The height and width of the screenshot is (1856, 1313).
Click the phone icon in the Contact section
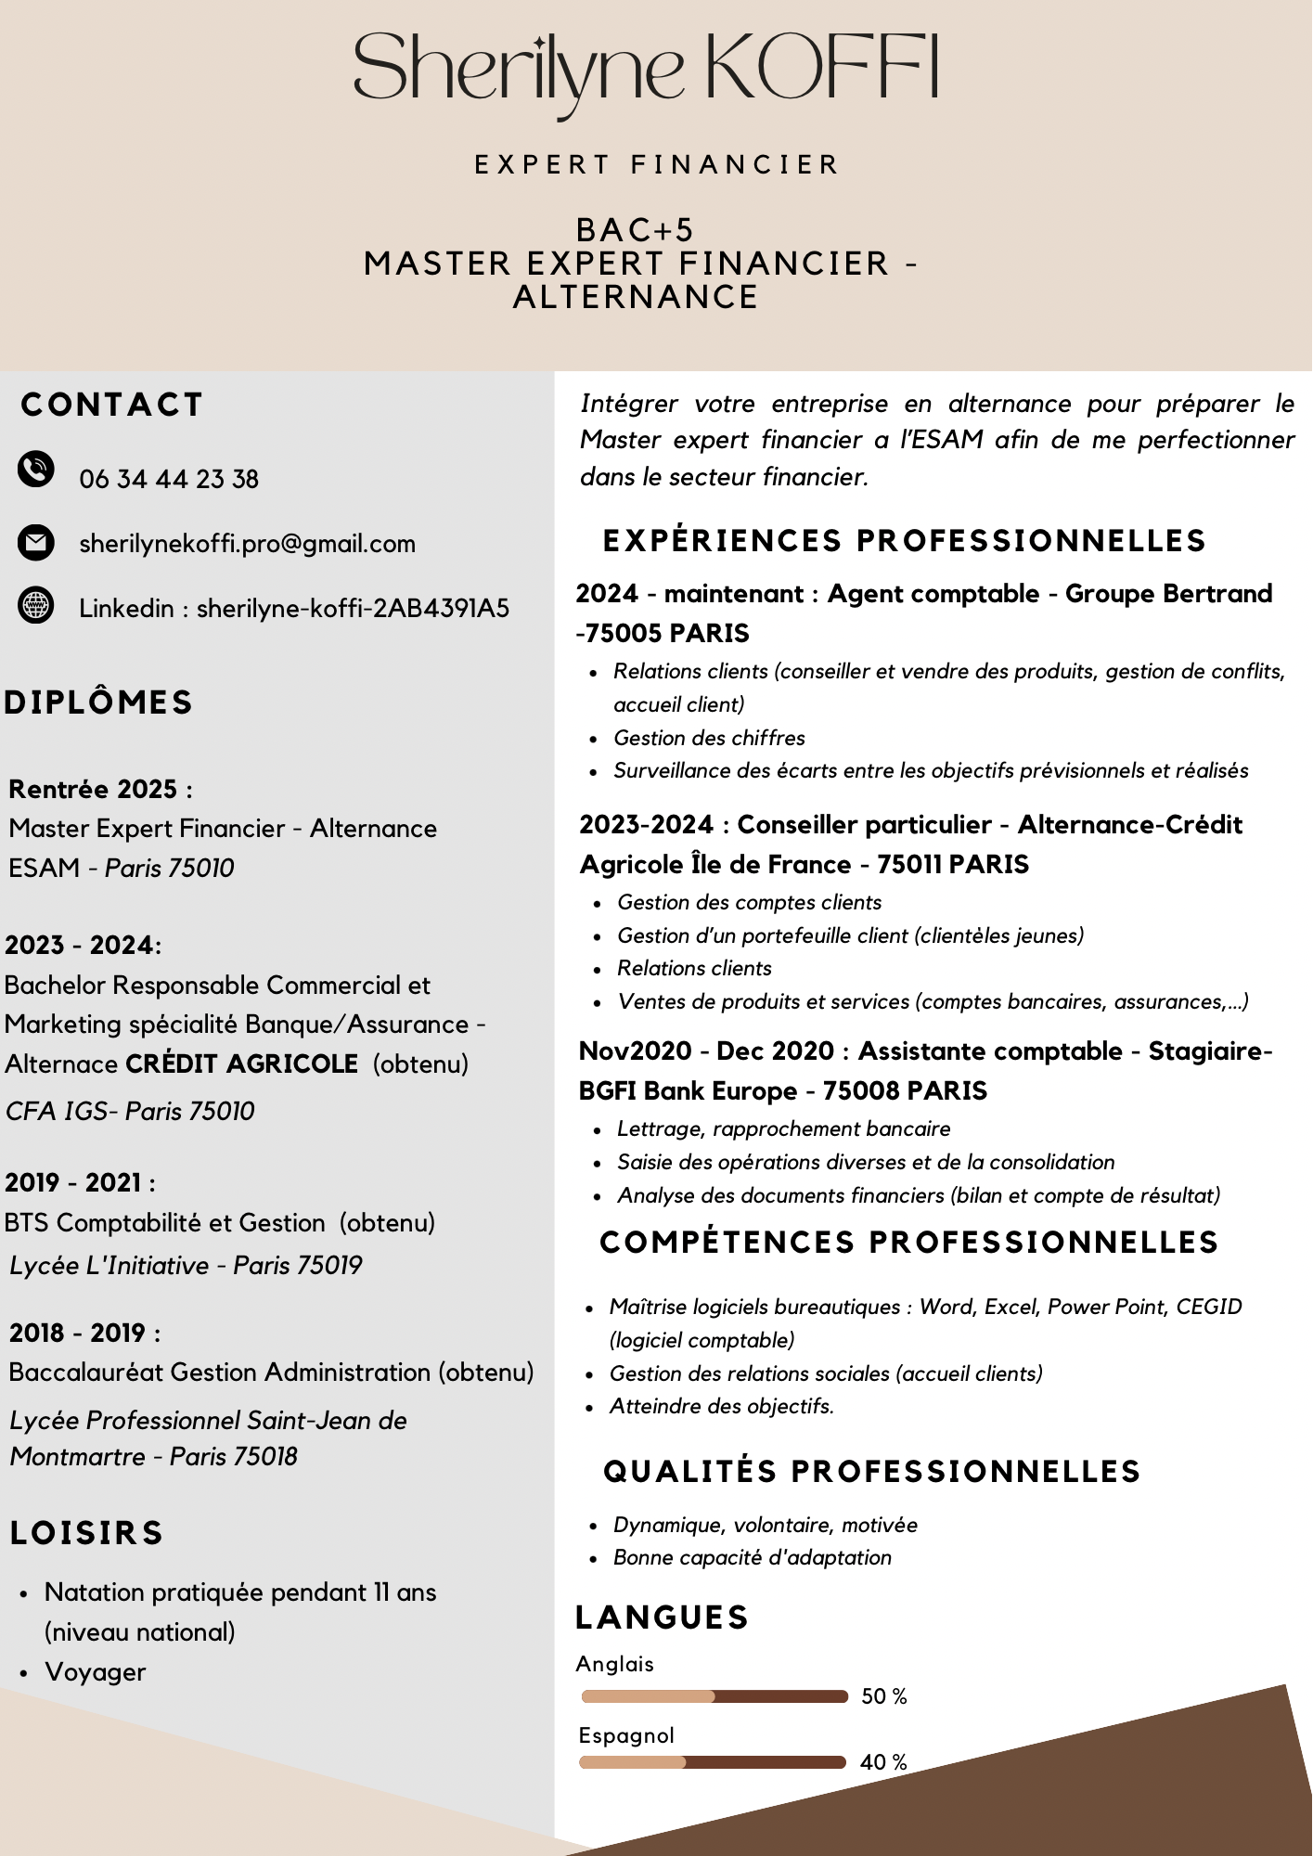[36, 469]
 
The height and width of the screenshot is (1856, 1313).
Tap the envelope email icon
[36, 542]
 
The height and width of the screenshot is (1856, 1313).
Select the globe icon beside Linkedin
[36, 606]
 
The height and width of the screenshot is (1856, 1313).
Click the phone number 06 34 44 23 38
[169, 479]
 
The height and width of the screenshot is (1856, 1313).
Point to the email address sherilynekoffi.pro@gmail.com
[247, 544]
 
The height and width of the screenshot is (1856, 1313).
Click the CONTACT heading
[111, 405]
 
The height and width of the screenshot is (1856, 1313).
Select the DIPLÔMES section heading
[98, 702]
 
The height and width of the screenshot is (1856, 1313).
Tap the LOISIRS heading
[87, 1533]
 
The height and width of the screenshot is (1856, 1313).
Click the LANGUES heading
[662, 1618]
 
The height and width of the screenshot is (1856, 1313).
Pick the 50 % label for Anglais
[883, 1696]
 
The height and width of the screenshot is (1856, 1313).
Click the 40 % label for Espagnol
[882, 1762]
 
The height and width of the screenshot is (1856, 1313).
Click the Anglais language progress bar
[714, 1696]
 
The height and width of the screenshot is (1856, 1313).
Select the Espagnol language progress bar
[713, 1762]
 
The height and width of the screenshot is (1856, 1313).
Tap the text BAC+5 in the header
[635, 230]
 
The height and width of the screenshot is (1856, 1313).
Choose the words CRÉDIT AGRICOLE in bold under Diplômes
[241, 1063]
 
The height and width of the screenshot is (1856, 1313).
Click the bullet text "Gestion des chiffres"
[709, 738]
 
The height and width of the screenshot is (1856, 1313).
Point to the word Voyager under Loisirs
[96, 1672]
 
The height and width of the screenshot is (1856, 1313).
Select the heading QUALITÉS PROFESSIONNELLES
[871, 1471]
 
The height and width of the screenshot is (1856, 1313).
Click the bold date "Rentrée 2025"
[93, 789]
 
